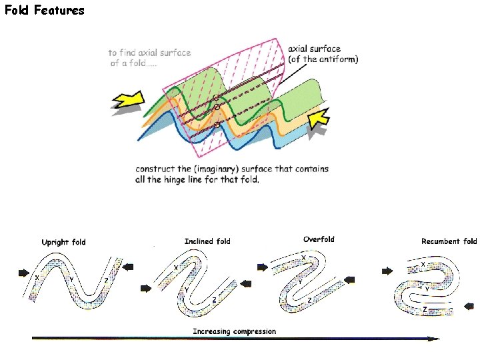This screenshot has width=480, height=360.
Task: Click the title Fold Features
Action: click(45, 10)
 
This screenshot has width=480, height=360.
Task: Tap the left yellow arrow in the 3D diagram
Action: click(128, 99)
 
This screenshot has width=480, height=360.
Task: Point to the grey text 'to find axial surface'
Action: click(150, 53)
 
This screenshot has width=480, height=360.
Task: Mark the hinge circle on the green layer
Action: click(216, 98)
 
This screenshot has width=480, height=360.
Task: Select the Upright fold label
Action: click(64, 242)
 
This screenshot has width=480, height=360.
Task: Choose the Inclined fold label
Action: click(207, 241)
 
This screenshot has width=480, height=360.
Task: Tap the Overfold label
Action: click(319, 239)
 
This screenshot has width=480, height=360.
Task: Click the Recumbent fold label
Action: click(449, 241)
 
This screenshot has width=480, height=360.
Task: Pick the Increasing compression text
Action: click(234, 331)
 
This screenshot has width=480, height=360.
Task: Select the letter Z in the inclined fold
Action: click(214, 301)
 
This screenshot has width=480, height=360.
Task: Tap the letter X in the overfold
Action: click(304, 257)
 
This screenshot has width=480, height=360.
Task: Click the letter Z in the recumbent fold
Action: click(424, 311)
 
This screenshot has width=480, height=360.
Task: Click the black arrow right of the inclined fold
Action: click(246, 284)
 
